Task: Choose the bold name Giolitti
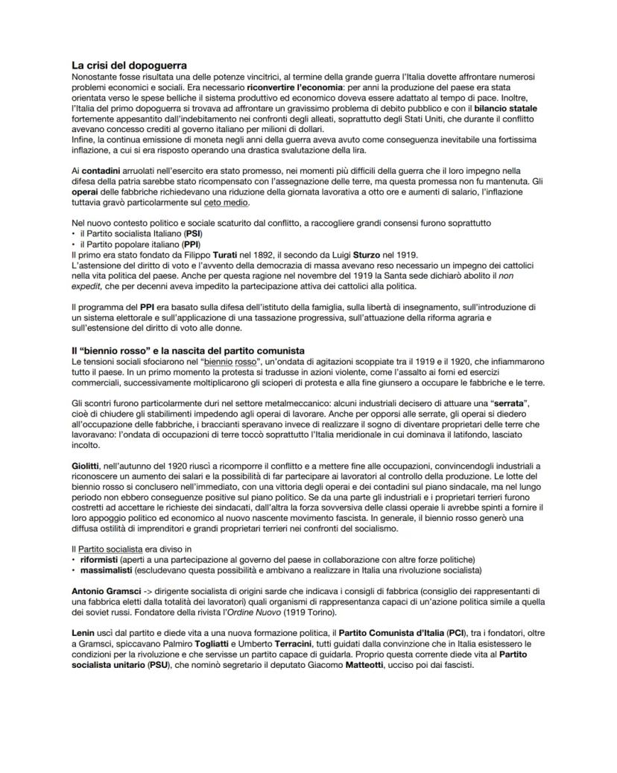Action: pyautogui.click(x=89, y=466)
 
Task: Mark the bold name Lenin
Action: pyautogui.click(x=84, y=633)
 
